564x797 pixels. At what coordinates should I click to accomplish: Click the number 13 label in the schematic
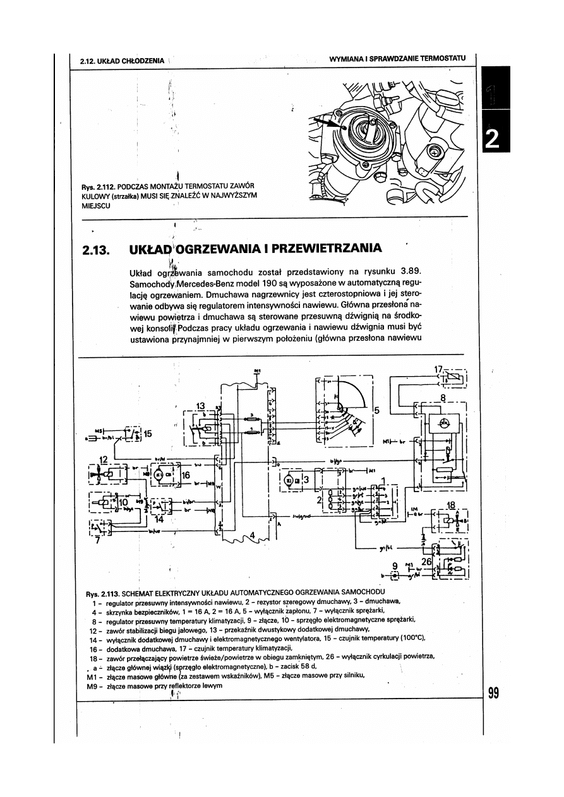[201, 405]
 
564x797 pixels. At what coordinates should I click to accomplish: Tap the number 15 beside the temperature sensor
[148, 434]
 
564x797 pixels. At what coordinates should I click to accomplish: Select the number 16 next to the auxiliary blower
[186, 475]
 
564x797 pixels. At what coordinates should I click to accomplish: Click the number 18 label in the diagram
[451, 505]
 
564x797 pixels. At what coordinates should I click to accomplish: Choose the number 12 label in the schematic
[104, 459]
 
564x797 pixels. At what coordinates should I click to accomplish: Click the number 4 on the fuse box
[253, 536]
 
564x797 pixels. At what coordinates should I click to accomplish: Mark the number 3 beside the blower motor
[306, 480]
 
